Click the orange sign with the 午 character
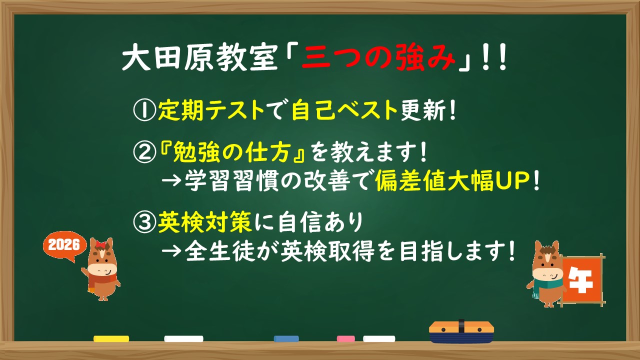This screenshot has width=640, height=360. (x=581, y=280)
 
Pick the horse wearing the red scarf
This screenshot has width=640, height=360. (x=101, y=270)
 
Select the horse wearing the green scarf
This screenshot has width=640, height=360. (x=545, y=274)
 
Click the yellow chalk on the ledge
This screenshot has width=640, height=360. (x=111, y=339)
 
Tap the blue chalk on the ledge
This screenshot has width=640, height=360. (x=286, y=339)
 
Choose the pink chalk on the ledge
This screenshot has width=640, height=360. (x=345, y=339)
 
